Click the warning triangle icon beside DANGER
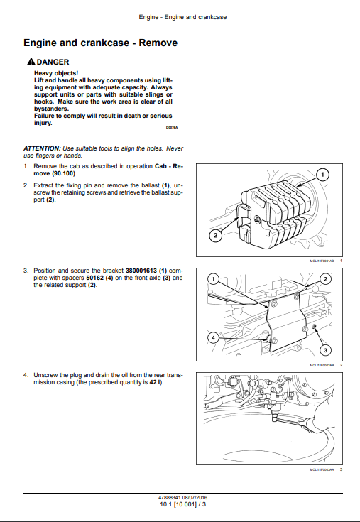pos(31,62)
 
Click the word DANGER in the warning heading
pos(53,62)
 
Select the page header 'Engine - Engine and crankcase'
pos(182,17)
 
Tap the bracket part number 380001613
pos(141,271)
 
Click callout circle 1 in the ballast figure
pos(322,175)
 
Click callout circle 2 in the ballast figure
pos(215,235)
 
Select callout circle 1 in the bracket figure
pos(213,279)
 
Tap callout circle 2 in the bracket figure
pos(325,279)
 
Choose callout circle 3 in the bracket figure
pos(325,350)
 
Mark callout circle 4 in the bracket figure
pos(213,338)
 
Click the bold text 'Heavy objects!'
pos(56,73)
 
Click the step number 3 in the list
pos(26,271)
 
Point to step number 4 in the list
pos(26,375)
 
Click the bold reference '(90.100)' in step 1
pos(64,173)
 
